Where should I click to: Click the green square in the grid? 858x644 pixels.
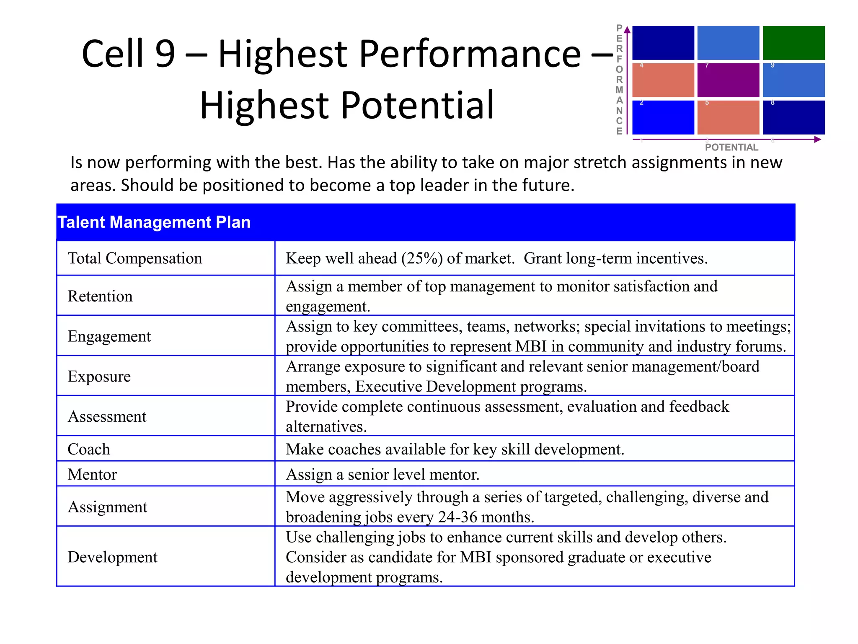[793, 43]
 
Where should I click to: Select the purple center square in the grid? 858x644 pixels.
[728, 80]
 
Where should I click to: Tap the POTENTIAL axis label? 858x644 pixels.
[731, 147]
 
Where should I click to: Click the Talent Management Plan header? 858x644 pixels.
[154, 222]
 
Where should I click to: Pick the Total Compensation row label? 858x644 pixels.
[135, 258]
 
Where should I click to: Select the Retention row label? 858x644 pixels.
[100, 296]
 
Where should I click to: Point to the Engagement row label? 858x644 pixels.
[109, 336]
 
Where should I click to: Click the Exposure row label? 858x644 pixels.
[99, 376]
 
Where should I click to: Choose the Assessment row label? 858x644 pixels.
[107, 416]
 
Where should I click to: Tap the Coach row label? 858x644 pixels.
[89, 449]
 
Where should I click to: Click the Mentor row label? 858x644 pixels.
[92, 474]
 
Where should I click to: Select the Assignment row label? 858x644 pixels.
[107, 507]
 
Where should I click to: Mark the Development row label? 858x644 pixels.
[112, 557]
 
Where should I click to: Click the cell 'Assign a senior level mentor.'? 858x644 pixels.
[382, 474]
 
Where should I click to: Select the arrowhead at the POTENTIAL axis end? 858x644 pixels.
[817, 139]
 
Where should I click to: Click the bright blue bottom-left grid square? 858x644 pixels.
[663, 117]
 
